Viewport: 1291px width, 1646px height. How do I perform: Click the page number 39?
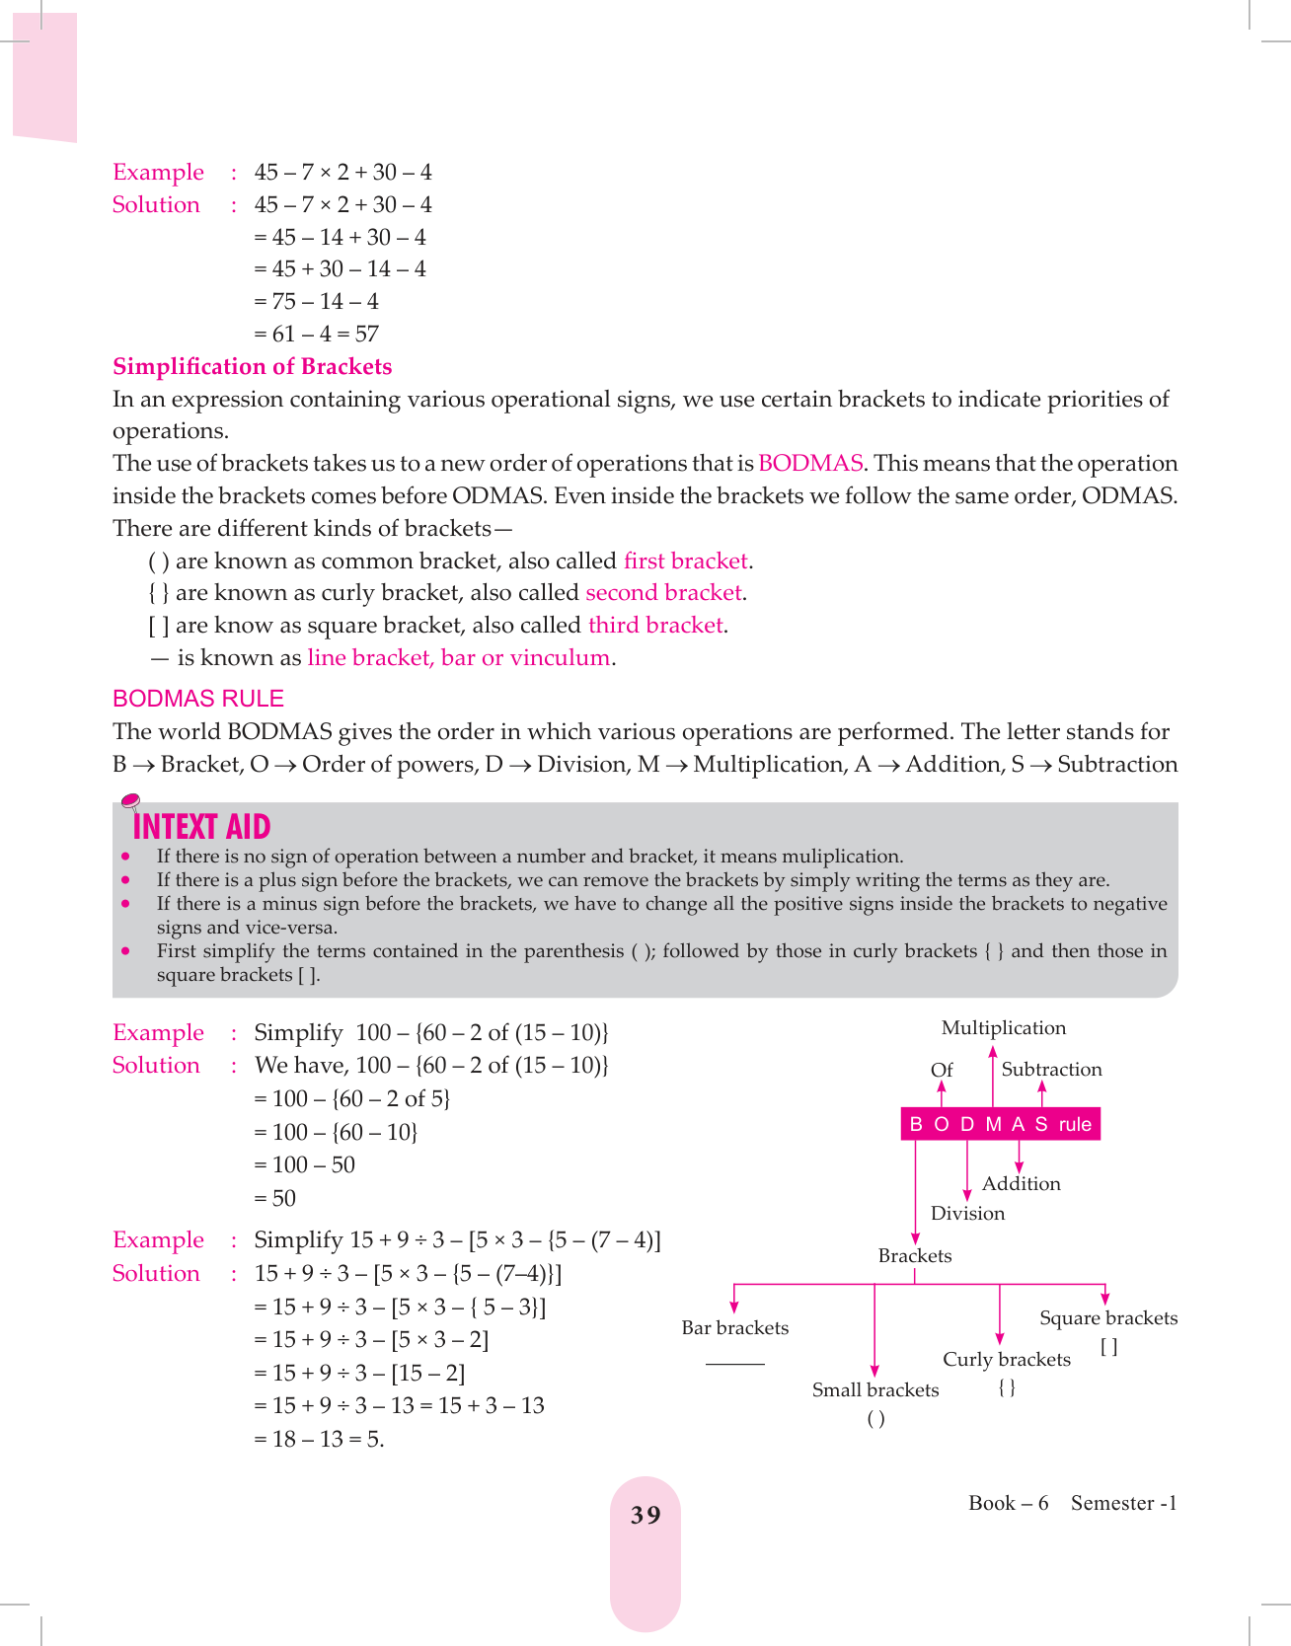pyautogui.click(x=645, y=1515)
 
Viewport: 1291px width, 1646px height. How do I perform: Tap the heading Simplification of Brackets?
pyautogui.click(x=252, y=367)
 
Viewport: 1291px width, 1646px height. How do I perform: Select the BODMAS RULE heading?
pyautogui.click(x=198, y=699)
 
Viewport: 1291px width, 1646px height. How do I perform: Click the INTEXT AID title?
pyautogui.click(x=201, y=827)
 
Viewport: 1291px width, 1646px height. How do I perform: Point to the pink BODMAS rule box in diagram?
pyautogui.click(x=1000, y=1124)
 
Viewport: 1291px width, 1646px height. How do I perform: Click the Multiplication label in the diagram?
pyautogui.click(x=1003, y=1028)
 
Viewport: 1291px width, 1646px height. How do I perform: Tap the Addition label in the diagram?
pyautogui.click(x=1021, y=1184)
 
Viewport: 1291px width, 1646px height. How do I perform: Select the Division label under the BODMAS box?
pyautogui.click(x=967, y=1214)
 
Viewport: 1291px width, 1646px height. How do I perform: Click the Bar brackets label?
pyautogui.click(x=734, y=1328)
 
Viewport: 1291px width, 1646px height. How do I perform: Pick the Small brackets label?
pyautogui.click(x=874, y=1390)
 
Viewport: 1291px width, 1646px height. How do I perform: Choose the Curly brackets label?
pyautogui.click(x=1006, y=1360)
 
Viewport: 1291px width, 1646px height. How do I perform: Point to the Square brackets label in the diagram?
pyautogui.click(x=1107, y=1318)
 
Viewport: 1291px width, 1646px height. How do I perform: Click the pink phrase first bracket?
pyautogui.click(x=686, y=561)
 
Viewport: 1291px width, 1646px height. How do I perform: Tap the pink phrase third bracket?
pyautogui.click(x=655, y=626)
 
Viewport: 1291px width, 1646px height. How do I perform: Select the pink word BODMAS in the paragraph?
pyautogui.click(x=810, y=464)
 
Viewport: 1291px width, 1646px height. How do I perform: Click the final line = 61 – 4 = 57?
pyautogui.click(x=316, y=335)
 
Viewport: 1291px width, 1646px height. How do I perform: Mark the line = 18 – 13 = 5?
pyautogui.click(x=319, y=1440)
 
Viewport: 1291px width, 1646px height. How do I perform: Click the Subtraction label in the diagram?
pyautogui.click(x=1051, y=1070)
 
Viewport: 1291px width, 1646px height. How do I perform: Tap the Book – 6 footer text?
pyautogui.click(x=1008, y=1503)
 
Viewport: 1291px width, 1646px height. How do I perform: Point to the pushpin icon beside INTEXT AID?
pyautogui.click(x=129, y=800)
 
